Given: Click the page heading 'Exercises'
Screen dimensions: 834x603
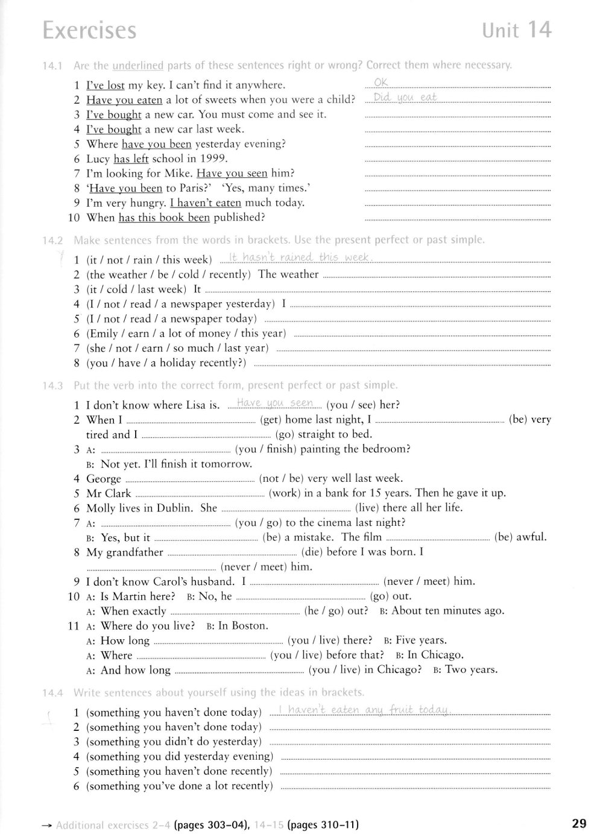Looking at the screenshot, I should pos(89,31).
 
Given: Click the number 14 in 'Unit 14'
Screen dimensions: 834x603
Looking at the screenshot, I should pos(539,30).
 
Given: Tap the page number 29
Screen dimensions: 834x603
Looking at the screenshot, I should pos(579,823).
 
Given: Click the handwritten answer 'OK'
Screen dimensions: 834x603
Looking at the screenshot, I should pos(381,83).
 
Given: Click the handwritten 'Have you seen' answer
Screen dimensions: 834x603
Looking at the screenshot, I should pos(275,403).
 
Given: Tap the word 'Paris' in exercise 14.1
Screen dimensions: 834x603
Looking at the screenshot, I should pos(180,189).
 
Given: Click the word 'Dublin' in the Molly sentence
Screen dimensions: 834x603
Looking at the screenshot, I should pos(175,508).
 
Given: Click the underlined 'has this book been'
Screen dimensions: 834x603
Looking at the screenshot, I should pos(164,218).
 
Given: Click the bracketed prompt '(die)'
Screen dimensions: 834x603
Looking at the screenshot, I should pos(315,552).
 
